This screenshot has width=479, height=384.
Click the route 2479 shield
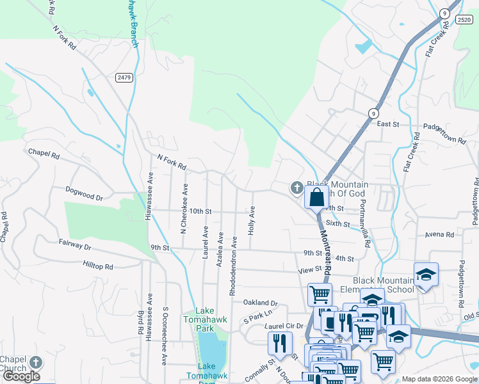click(124, 77)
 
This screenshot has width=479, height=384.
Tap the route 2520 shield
click(464, 20)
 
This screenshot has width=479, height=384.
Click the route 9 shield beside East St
click(372, 113)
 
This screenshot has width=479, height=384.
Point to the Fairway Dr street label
click(76, 245)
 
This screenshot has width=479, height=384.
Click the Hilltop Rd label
click(97, 265)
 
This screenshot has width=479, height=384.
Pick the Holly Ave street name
click(252, 220)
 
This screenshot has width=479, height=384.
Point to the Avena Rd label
click(439, 235)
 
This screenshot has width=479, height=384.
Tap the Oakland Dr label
click(260, 303)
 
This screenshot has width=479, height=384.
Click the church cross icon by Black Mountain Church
click(296, 188)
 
